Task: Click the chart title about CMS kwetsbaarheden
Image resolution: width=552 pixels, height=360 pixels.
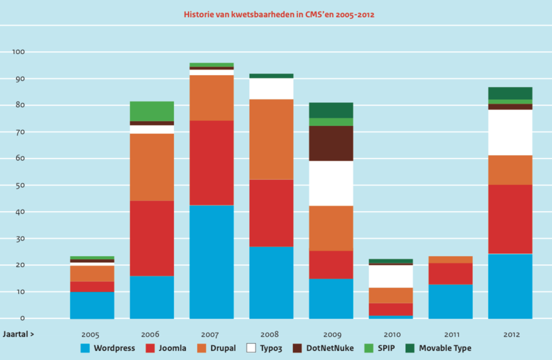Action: (279, 14)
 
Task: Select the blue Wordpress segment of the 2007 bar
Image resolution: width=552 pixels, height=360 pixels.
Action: (211, 261)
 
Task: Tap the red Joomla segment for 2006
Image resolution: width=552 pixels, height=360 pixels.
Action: (151, 238)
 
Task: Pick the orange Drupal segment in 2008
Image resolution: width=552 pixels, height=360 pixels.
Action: (271, 139)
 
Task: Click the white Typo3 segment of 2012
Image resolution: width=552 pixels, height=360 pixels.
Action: (510, 132)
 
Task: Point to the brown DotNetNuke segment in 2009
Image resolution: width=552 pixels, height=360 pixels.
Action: (331, 143)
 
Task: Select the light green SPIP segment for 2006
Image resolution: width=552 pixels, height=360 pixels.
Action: (151, 111)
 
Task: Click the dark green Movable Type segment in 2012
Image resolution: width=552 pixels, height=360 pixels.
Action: (510, 93)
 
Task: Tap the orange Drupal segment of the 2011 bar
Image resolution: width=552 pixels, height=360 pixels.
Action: (450, 259)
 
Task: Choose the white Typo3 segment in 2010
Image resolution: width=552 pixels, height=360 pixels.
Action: (391, 276)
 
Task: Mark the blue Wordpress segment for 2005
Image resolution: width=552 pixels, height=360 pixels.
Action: (92, 305)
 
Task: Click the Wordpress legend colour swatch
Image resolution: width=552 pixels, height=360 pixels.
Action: (85, 348)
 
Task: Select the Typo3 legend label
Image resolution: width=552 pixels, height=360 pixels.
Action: (271, 348)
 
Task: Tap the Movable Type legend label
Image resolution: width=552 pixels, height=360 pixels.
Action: (445, 348)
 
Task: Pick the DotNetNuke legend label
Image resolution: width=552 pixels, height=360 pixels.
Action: (330, 348)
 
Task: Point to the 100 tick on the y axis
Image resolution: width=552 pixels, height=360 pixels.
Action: (19, 52)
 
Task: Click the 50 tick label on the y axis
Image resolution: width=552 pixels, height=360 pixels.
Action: (20, 185)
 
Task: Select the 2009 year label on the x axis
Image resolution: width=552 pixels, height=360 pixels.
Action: (331, 334)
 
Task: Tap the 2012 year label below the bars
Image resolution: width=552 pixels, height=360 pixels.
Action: (510, 334)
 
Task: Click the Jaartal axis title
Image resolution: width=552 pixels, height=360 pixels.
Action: (19, 334)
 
